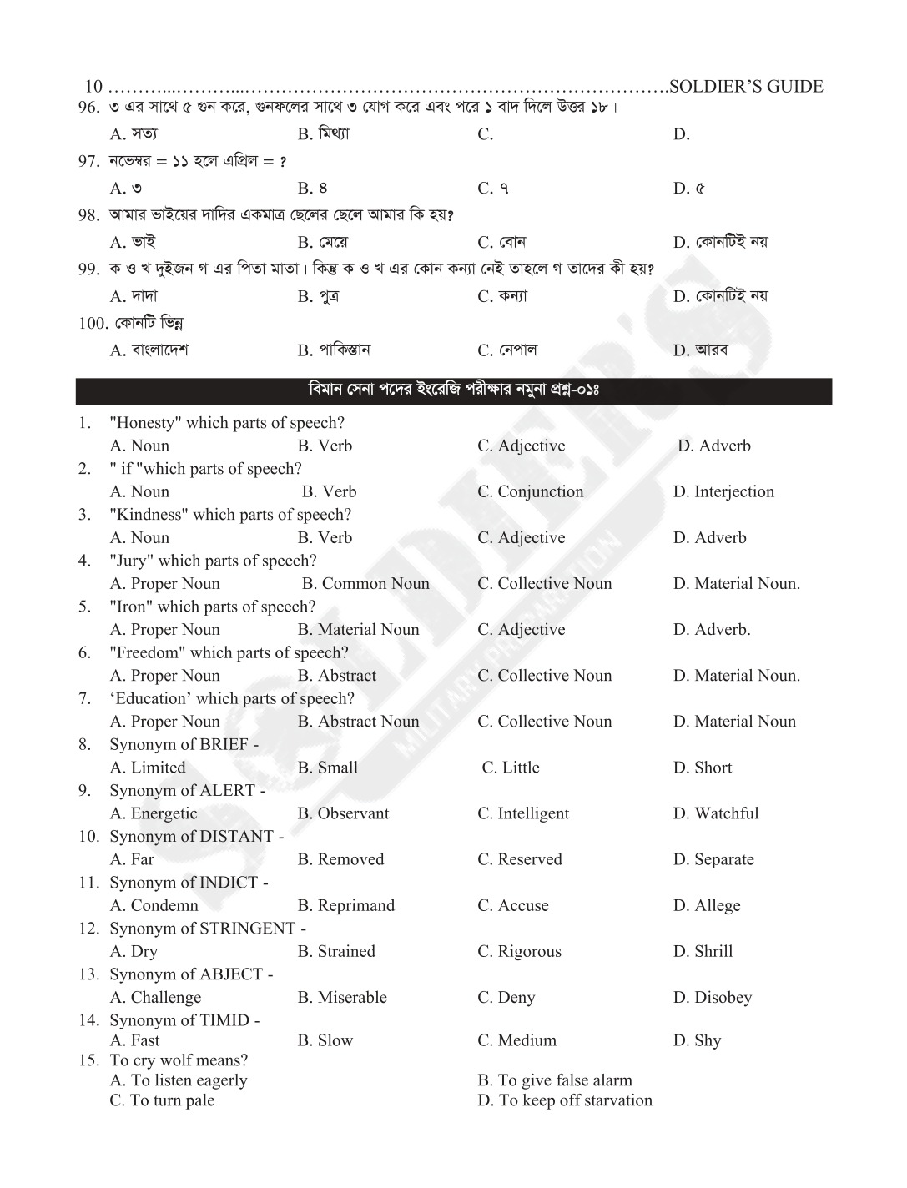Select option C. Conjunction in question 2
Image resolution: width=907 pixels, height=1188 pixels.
530,492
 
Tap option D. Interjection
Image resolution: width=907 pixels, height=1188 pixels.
723,492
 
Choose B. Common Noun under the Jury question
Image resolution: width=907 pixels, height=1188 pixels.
365,584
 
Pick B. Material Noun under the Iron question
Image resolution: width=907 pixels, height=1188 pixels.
358,630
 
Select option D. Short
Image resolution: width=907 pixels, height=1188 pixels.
703,768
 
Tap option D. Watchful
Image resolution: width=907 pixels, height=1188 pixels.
716,813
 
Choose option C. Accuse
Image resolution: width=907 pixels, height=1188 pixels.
513,905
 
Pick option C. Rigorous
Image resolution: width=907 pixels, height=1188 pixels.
519,951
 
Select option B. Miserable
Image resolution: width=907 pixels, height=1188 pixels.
342,997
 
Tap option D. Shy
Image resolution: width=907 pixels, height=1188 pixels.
697,1040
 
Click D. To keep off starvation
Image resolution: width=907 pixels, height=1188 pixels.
565,1100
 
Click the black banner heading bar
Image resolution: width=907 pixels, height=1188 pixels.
453,390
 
